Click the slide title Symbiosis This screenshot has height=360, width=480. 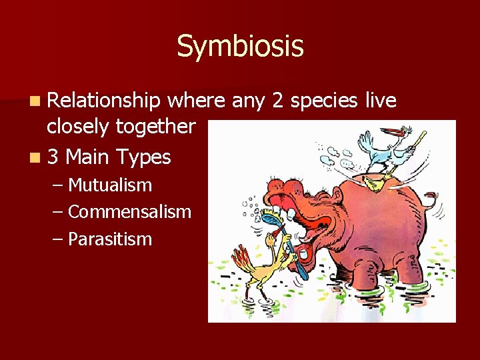pos(240,47)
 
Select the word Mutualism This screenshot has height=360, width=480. pos(110,185)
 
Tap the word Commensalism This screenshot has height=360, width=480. pos(129,211)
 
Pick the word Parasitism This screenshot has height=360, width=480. pos(110,239)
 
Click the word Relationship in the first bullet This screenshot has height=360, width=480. pos(104,101)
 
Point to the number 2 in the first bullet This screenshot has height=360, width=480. pos(277,101)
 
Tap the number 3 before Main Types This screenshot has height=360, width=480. pos(53,157)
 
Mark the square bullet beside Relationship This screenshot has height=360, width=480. pos(35,101)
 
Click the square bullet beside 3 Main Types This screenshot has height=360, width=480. pos(35,157)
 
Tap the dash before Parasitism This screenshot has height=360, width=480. pos(57,239)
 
